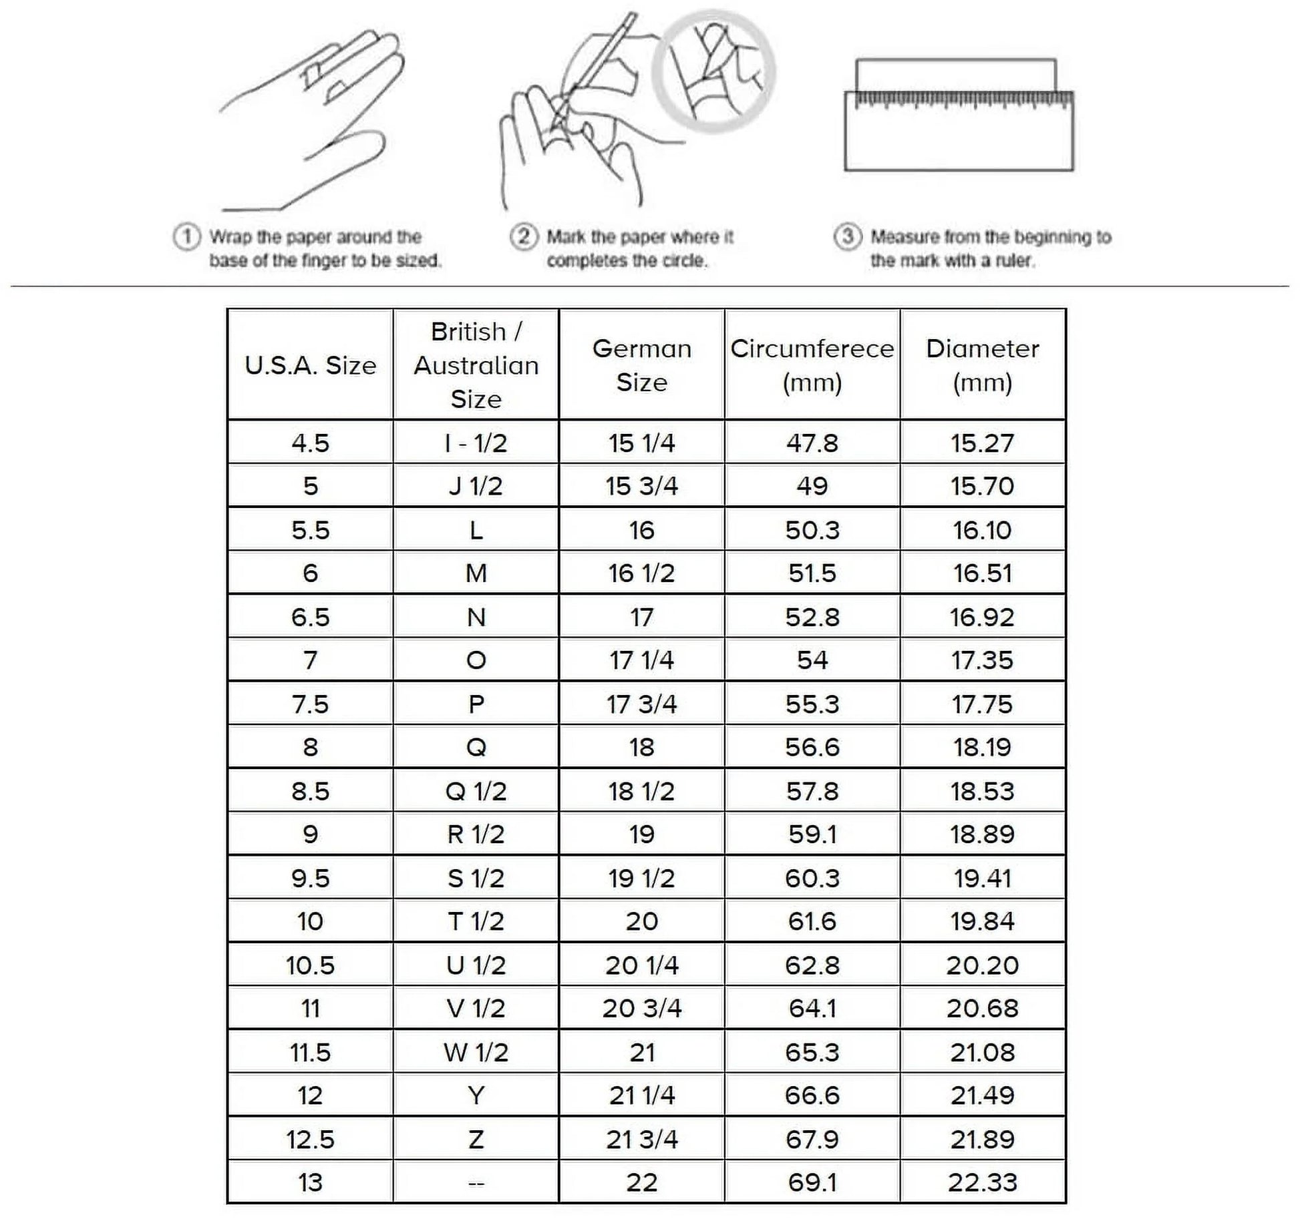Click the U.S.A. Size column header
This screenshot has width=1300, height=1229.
click(x=310, y=365)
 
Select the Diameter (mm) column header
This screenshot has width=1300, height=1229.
click(x=982, y=365)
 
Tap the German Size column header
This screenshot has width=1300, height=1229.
click(x=641, y=365)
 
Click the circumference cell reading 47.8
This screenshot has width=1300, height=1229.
click(x=812, y=443)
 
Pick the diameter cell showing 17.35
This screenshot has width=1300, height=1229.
click(x=982, y=660)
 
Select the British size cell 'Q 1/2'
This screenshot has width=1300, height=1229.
click(x=476, y=791)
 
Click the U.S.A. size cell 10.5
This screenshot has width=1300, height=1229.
click(x=310, y=965)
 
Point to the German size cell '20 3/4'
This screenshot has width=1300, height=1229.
click(x=641, y=1008)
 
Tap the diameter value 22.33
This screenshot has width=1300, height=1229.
click(x=982, y=1182)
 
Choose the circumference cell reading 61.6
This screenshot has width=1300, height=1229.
click(x=812, y=921)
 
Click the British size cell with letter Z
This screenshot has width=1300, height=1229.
click(x=476, y=1139)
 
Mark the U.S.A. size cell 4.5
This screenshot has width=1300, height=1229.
click(x=310, y=443)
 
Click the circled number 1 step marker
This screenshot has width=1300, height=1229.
click(x=186, y=237)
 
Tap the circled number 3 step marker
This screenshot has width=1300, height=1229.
click(x=847, y=237)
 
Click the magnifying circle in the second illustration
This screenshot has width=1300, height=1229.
click(x=713, y=72)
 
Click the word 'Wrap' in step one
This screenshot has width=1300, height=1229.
click(x=231, y=237)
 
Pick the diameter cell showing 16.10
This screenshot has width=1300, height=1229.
click(x=982, y=530)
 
